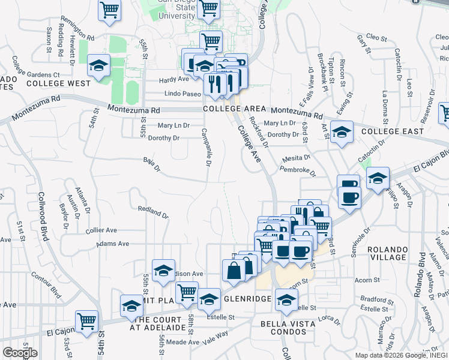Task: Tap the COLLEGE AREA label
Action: point(234,109)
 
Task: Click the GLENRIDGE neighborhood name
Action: point(247,298)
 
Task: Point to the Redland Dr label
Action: point(152,212)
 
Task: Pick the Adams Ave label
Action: point(113,244)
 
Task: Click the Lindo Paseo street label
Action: point(182,94)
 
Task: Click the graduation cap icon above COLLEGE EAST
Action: point(342,133)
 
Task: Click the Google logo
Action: point(20,353)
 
